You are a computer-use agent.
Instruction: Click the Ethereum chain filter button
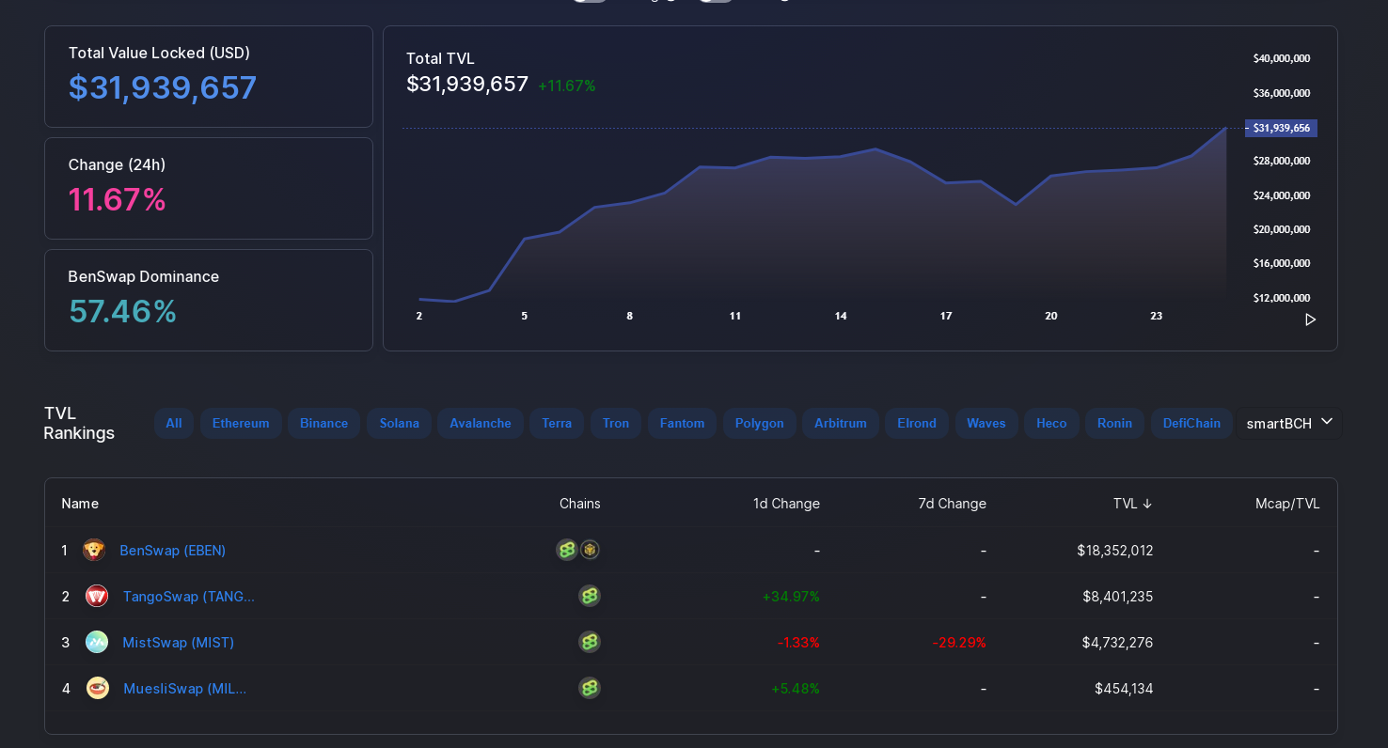pyautogui.click(x=241, y=424)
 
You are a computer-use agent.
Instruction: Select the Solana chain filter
pyautogui.click(x=399, y=424)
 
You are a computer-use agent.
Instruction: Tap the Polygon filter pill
pyautogui.click(x=759, y=424)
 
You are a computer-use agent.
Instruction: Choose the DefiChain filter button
pyautogui.click(x=1191, y=424)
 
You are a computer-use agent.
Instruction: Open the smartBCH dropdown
pyautogui.click(x=1289, y=424)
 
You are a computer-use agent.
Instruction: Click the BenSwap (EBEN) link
pyautogui.click(x=172, y=551)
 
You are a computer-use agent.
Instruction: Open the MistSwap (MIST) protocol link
pyautogui.click(x=179, y=643)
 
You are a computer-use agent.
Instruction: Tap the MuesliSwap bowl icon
pyautogui.click(x=97, y=688)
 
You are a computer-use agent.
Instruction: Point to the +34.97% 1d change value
pyautogui.click(x=791, y=597)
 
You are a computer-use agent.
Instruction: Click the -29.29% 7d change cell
pyautogui.click(x=958, y=643)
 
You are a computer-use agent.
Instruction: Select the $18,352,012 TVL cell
pyautogui.click(x=1114, y=551)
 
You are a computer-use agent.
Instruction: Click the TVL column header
pyautogui.click(x=1132, y=504)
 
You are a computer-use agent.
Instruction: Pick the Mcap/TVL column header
pyautogui.click(x=1287, y=504)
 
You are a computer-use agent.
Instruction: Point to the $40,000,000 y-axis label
pyautogui.click(x=1282, y=58)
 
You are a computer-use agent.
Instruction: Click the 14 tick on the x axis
pyautogui.click(x=841, y=316)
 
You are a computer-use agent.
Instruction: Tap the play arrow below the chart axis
pyautogui.click(x=1310, y=319)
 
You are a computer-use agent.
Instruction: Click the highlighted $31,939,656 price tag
pyautogui.click(x=1281, y=128)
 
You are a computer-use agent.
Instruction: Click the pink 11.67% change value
pyautogui.click(x=118, y=200)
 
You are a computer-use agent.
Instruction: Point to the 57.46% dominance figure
pyautogui.click(x=122, y=311)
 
